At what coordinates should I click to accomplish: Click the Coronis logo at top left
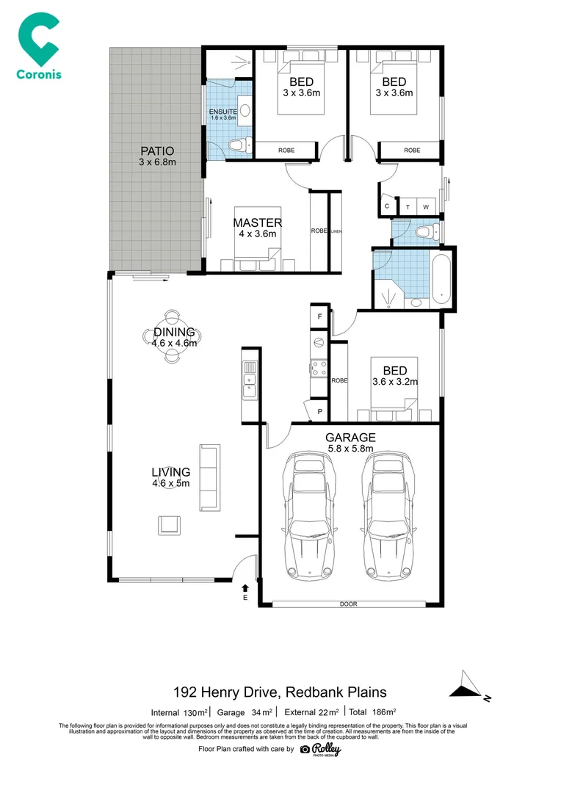coord(38,46)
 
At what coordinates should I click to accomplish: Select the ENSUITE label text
coord(222,112)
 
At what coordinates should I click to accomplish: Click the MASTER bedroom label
coord(257,222)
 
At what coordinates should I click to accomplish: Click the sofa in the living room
coord(209,477)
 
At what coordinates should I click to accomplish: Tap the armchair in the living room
coord(170,524)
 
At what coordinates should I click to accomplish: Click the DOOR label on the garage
coord(348,604)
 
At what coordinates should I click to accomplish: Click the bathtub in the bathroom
coord(440,280)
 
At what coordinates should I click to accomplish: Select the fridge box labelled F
coord(319,317)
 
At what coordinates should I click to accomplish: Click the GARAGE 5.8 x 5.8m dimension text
coord(350,449)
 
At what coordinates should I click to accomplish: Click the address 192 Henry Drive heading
coord(279,692)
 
